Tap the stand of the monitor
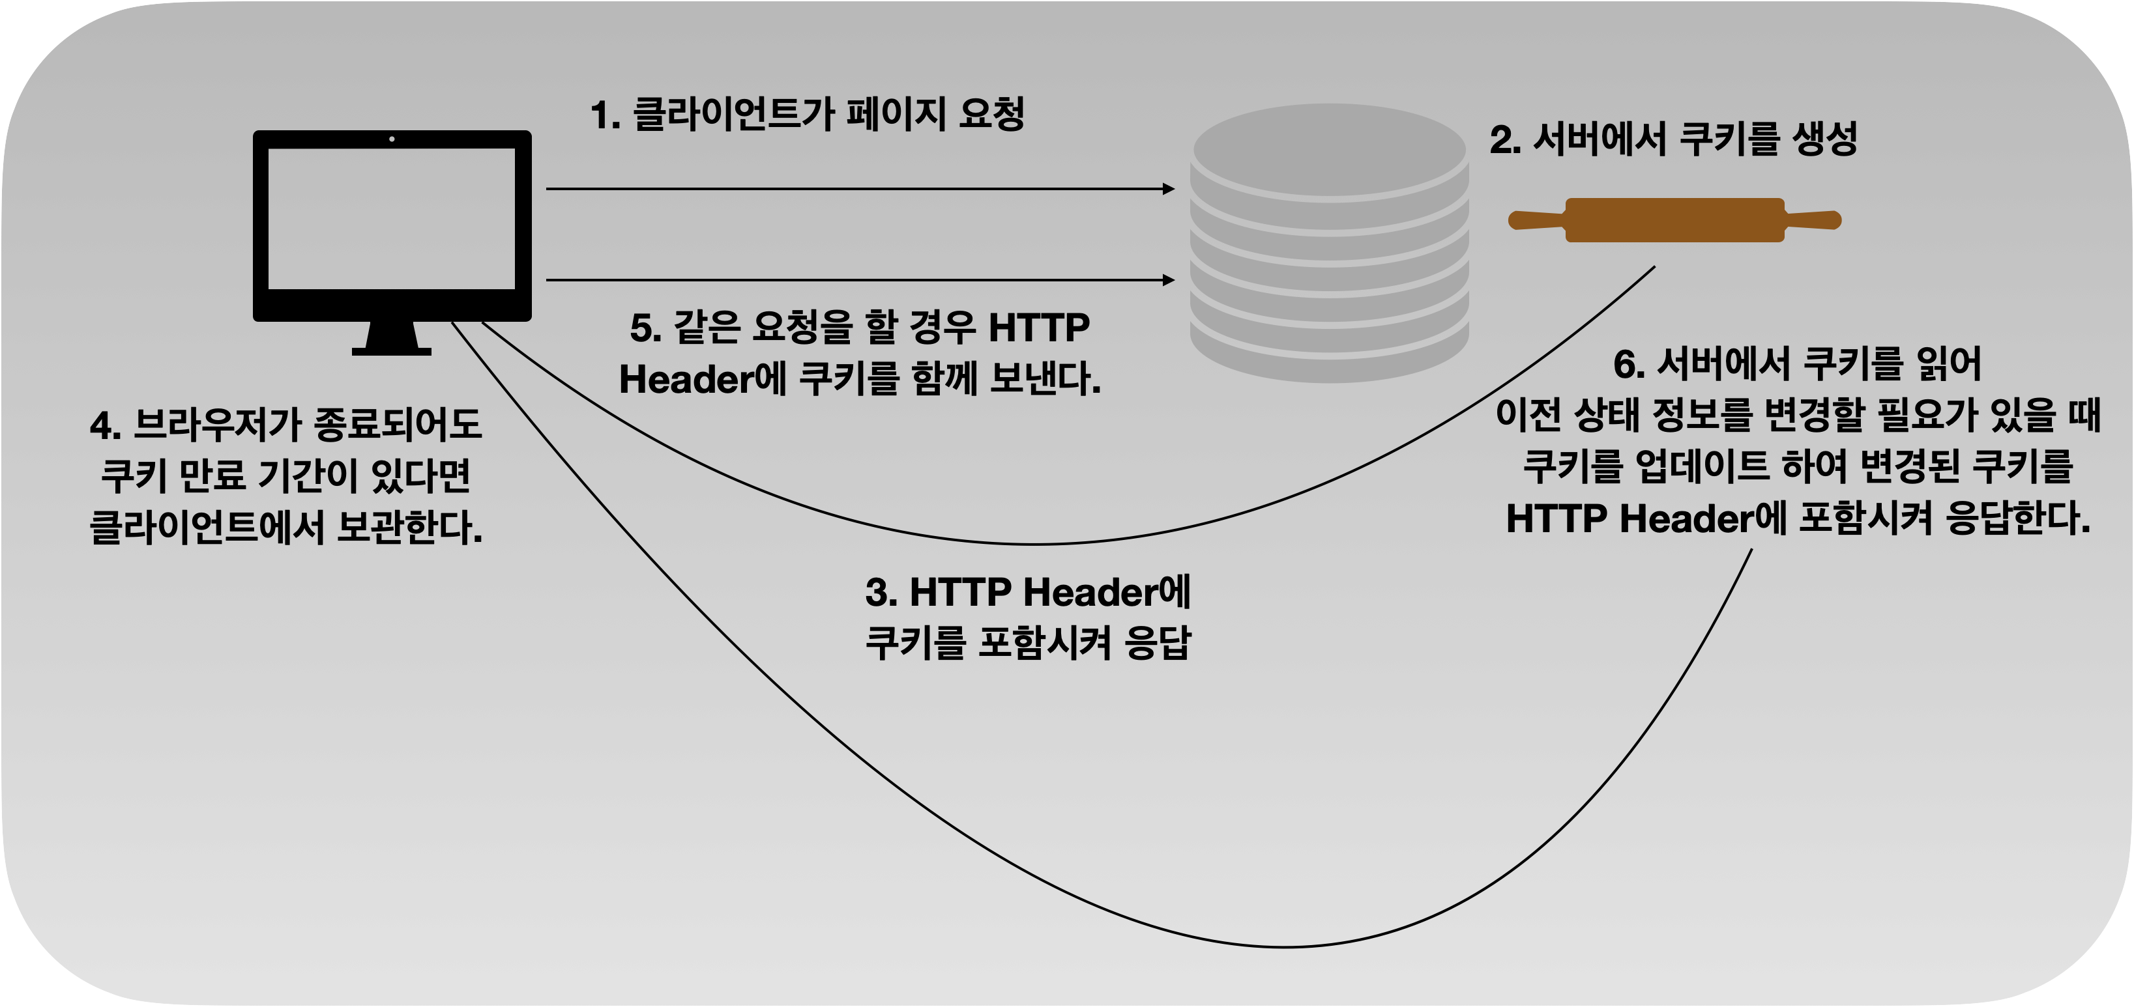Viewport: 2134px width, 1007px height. pyautogui.click(x=392, y=339)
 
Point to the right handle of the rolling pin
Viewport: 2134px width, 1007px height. pyautogui.click(x=1813, y=220)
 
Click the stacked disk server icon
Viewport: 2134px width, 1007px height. pyautogui.click(x=1329, y=240)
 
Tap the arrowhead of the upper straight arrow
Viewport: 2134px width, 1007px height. pyautogui.click(x=1169, y=189)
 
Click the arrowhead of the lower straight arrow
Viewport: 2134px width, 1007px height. pyautogui.click(x=1169, y=280)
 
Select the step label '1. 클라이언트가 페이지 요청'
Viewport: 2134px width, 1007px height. pyautogui.click(x=808, y=113)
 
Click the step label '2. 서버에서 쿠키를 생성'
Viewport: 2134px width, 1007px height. pyautogui.click(x=1673, y=139)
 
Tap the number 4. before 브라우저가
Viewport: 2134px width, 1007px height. pyautogui.click(x=106, y=425)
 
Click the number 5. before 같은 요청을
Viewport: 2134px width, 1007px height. pyautogui.click(x=645, y=328)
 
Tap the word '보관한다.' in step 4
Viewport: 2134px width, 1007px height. pyautogui.click(x=409, y=528)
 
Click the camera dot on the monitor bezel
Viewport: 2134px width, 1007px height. pyautogui.click(x=392, y=139)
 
